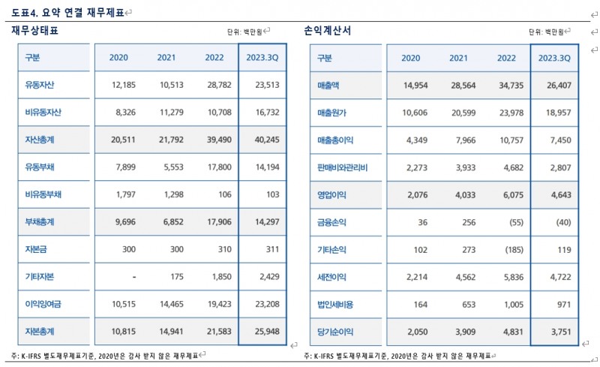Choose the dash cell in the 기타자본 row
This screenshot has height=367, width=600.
coord(133,276)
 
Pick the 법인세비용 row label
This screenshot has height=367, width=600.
coord(334,303)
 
